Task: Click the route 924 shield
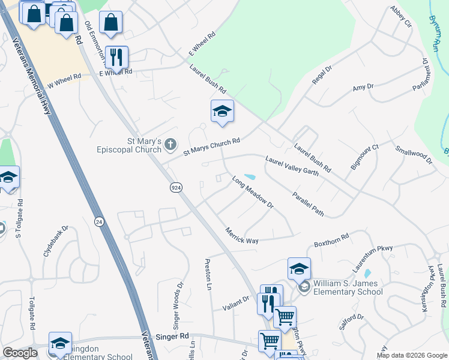tap(175, 188)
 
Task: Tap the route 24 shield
tap(98, 222)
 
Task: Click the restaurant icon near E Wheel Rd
tap(116, 57)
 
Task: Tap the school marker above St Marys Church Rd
tap(222, 112)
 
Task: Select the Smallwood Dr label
tap(414, 154)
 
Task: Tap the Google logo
tap(20, 353)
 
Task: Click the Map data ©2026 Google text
tap(411, 355)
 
